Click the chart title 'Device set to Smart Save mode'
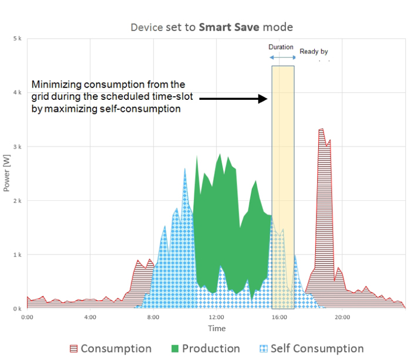coord(211,27)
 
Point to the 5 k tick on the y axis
coord(18,39)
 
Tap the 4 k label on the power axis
coord(18,93)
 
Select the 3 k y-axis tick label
coord(18,147)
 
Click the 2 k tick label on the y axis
coord(18,201)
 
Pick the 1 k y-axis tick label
coord(18,255)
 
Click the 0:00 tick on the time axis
coord(27,317)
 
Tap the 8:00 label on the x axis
coord(153,317)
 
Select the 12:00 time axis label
coord(216,317)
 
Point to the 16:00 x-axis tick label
coord(279,317)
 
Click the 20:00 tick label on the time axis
coord(342,317)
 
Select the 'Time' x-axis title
coord(216,328)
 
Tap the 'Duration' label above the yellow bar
coord(281,47)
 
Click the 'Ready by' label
coord(313,52)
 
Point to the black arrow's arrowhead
coord(264,99)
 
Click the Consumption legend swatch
coord(73,349)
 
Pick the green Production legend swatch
coord(174,349)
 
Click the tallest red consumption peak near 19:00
coord(321,130)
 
